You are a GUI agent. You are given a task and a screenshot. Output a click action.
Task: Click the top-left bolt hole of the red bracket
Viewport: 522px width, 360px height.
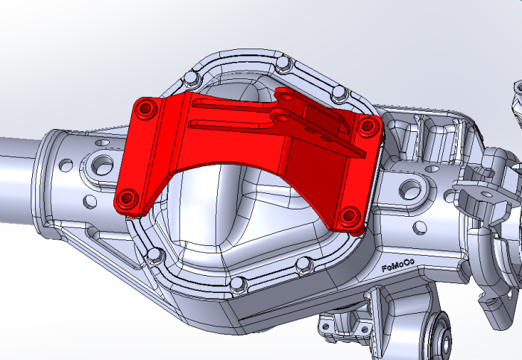click(145, 109)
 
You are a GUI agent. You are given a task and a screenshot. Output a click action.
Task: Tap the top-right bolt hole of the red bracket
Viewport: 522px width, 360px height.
click(366, 127)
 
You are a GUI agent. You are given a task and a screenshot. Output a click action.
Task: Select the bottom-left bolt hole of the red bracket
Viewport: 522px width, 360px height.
click(127, 199)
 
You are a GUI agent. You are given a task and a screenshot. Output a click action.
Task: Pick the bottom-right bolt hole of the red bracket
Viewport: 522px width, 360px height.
click(348, 217)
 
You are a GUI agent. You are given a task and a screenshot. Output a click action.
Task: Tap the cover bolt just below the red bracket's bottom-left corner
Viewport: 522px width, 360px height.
click(155, 256)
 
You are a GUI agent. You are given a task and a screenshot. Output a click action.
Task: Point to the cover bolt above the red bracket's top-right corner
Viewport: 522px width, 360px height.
click(339, 92)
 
